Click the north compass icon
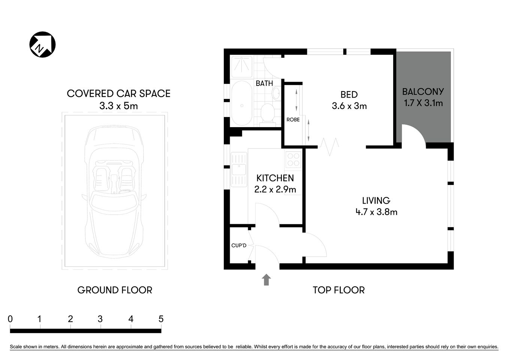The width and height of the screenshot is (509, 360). (42, 45)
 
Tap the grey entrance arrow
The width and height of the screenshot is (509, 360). (266, 280)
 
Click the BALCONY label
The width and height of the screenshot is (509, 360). (423, 91)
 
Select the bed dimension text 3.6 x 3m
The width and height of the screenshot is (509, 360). (349, 106)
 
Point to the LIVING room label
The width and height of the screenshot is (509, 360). (376, 201)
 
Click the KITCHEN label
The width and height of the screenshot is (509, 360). (275, 178)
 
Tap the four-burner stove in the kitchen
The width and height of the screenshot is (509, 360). (293, 160)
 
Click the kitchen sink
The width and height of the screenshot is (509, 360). (238, 169)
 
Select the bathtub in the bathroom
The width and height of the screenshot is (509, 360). (242, 103)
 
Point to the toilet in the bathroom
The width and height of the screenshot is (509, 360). (267, 113)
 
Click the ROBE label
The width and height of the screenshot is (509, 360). (293, 120)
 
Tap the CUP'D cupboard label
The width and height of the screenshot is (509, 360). (239, 246)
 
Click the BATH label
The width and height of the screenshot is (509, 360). (264, 83)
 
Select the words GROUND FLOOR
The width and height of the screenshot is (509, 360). (115, 290)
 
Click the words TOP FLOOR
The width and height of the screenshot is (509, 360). (338, 290)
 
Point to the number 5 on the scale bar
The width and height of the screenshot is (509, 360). (161, 319)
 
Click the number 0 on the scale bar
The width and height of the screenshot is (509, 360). (10, 319)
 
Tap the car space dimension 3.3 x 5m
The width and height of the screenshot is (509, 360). (118, 106)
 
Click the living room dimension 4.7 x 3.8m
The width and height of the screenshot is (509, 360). (376, 212)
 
